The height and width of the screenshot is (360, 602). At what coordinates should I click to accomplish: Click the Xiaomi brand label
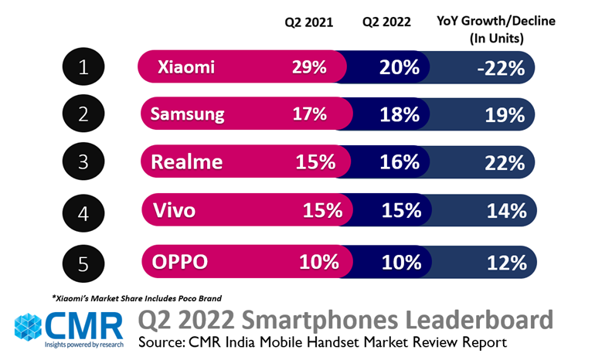pyautogui.click(x=185, y=68)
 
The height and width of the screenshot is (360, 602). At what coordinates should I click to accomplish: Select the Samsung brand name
pyautogui.click(x=187, y=115)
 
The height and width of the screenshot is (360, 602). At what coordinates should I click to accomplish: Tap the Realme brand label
pyautogui.click(x=186, y=162)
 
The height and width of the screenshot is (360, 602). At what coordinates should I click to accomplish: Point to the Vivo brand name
pyautogui.click(x=174, y=209)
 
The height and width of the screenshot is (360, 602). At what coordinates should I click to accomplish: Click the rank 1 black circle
pyautogui.click(x=83, y=69)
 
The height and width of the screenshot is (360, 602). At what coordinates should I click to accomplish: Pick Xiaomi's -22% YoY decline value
pyautogui.click(x=501, y=68)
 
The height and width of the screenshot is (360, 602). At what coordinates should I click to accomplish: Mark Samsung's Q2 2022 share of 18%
pyautogui.click(x=400, y=115)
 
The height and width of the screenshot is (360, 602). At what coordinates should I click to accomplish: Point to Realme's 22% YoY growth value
pyautogui.click(x=506, y=162)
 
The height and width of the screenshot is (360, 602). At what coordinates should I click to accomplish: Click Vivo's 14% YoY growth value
pyautogui.click(x=506, y=209)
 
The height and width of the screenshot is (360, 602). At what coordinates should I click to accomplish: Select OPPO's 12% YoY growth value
pyautogui.click(x=506, y=261)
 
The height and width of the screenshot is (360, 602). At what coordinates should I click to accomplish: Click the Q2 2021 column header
pyautogui.click(x=309, y=22)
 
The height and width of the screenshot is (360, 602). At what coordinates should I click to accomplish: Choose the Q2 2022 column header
pyautogui.click(x=386, y=22)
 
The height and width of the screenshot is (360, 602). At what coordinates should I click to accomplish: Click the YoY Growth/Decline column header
pyautogui.click(x=495, y=29)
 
